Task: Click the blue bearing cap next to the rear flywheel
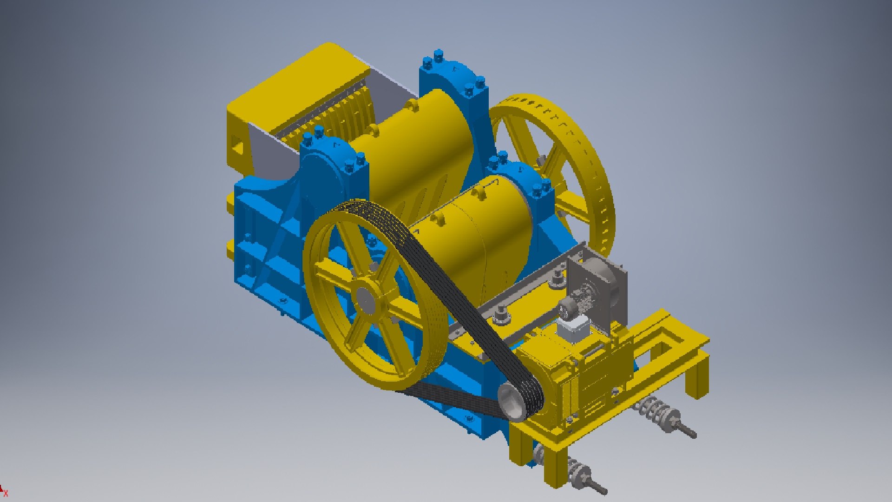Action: click(525, 181)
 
